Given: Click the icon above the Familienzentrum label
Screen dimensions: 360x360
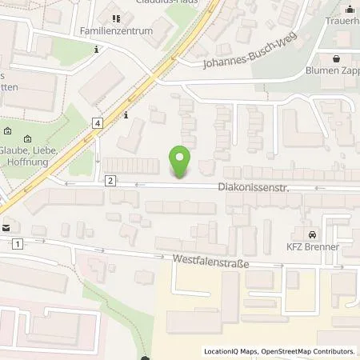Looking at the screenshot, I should pyautogui.click(x=116, y=18).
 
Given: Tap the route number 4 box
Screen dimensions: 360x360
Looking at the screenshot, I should pyautogui.click(x=97, y=122).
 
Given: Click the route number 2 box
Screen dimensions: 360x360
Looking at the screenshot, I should pyautogui.click(x=110, y=181).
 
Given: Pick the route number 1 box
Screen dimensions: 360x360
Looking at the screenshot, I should pyautogui.click(x=17, y=242).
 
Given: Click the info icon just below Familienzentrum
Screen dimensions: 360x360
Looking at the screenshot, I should pyautogui.click(x=97, y=50).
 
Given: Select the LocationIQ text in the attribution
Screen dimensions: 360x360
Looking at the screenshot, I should pyautogui.click(x=222, y=351).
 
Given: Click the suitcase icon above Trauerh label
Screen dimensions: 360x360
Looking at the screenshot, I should pyautogui.click(x=350, y=10).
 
